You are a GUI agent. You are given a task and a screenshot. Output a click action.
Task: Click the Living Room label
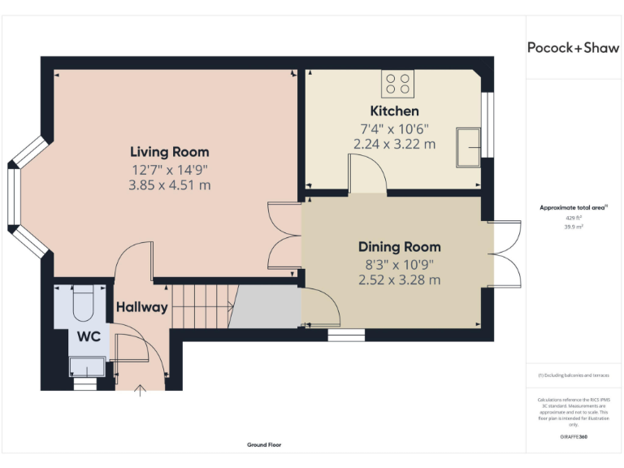coord(170,152)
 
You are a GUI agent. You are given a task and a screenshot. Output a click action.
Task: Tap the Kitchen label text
coord(395,110)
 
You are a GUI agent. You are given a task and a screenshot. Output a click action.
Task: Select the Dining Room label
coord(400,247)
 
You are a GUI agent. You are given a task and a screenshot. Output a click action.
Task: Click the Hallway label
coord(141,307)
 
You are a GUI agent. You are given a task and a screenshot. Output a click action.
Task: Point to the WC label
coord(89,336)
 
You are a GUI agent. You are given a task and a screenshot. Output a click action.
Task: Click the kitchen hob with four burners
coord(398,84)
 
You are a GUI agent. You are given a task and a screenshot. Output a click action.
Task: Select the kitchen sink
coord(468,145)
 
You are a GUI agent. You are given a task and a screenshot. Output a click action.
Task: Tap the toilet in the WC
coord(84,303)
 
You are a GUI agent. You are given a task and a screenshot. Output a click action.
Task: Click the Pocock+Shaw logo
coord(573,48)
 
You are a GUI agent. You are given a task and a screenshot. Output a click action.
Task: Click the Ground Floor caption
coord(264,444)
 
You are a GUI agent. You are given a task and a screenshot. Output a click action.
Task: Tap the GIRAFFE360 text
coord(574,438)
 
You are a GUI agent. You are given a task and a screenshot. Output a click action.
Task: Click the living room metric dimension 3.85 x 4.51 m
coord(170,185)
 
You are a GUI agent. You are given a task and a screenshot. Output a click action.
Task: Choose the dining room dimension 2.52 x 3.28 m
coord(400,280)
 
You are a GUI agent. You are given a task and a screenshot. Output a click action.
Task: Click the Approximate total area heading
coord(574,209)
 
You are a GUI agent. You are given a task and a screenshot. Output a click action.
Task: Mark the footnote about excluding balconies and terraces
coord(574,375)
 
